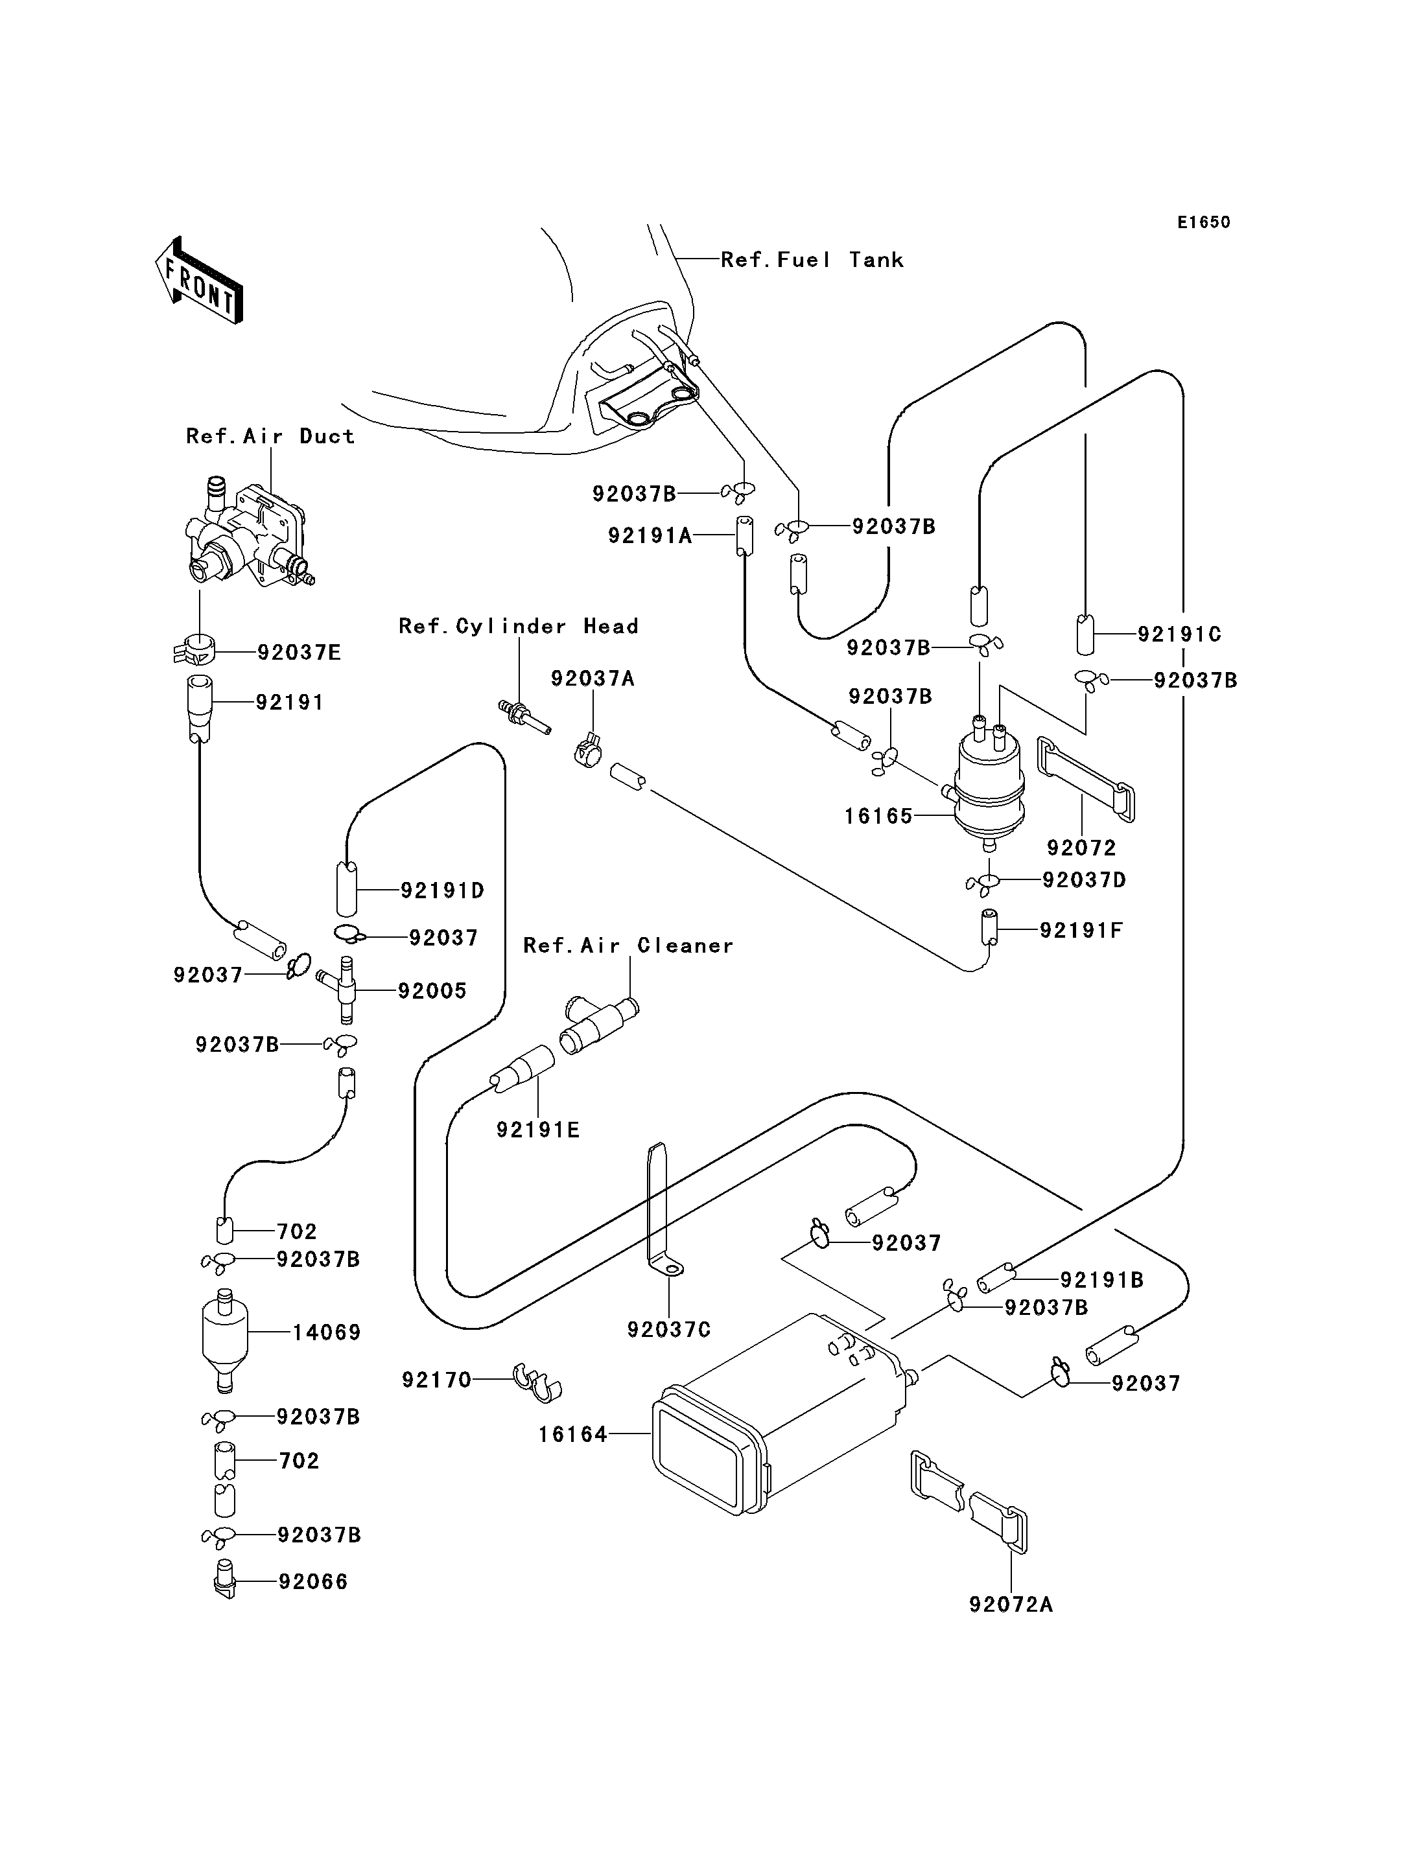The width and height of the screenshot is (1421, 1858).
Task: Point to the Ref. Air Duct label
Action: [270, 435]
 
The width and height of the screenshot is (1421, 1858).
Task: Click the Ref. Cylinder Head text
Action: [519, 626]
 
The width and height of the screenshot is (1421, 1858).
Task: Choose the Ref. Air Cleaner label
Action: [628, 945]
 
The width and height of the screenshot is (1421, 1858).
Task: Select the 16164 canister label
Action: [572, 1434]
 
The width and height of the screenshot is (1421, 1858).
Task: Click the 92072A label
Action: [1011, 1605]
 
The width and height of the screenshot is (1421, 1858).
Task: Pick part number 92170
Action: [436, 1380]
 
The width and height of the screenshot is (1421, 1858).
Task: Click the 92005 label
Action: [432, 990]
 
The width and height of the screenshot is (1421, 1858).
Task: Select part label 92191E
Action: [538, 1129]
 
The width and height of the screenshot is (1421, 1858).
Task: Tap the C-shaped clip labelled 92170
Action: [538, 1383]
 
